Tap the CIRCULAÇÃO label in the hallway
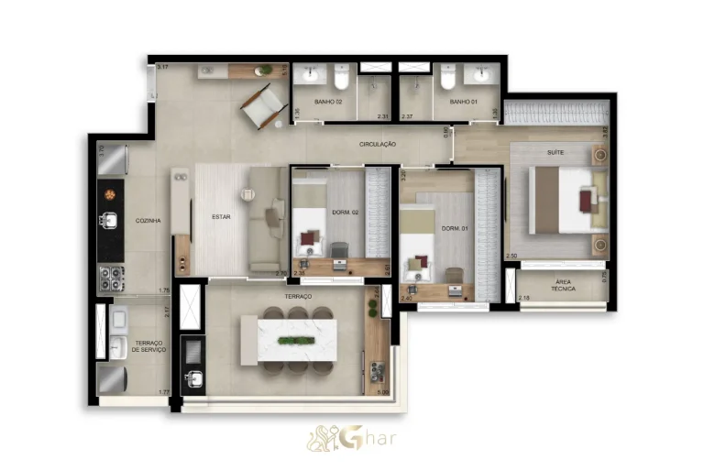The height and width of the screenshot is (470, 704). (377, 144)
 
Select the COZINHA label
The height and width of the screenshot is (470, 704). (148, 221)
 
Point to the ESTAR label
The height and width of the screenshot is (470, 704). (221, 217)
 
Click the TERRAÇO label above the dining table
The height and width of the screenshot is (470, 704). (298, 297)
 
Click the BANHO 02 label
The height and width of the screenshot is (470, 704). (328, 102)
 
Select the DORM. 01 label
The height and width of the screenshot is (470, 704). (455, 228)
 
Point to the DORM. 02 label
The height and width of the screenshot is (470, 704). (345, 213)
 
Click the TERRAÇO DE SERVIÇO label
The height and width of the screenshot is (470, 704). (148, 345)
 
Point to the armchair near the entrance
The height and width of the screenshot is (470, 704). (262, 103)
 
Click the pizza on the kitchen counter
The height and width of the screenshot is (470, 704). (110, 193)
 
